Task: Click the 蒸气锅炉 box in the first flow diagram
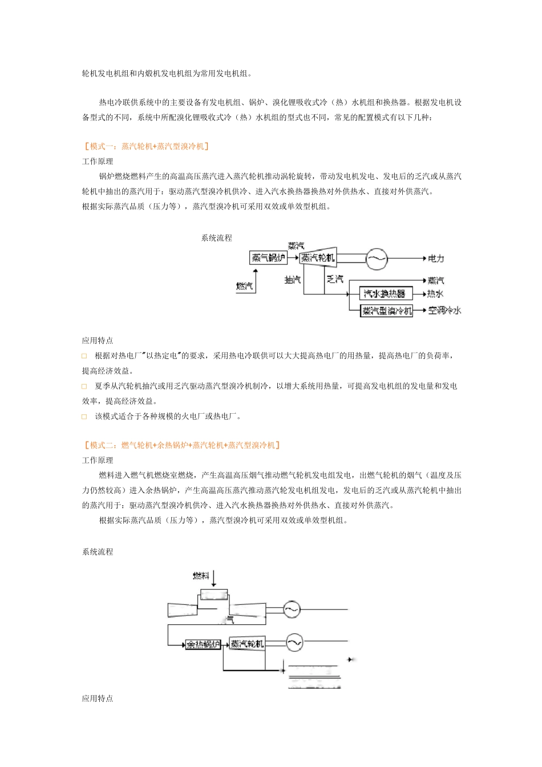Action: [x=268, y=258]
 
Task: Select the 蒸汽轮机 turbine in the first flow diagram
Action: [x=318, y=258]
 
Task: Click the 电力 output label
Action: [x=436, y=259]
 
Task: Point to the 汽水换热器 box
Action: [x=385, y=294]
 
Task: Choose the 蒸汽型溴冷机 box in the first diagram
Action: [x=387, y=311]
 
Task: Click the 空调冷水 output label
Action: [x=444, y=310]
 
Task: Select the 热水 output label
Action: [x=435, y=294]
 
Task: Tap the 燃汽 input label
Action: [x=244, y=286]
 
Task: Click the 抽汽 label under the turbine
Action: [x=292, y=280]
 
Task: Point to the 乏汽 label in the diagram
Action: [x=335, y=280]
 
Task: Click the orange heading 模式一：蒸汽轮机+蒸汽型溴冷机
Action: [x=145, y=146]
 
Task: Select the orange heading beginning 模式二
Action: [x=181, y=445]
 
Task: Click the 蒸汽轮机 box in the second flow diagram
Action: [x=247, y=644]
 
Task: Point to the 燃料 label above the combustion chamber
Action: [x=201, y=576]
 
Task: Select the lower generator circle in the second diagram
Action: [x=294, y=643]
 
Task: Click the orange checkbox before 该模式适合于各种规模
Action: [x=84, y=417]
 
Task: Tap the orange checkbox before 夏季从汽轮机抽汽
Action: [x=84, y=386]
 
